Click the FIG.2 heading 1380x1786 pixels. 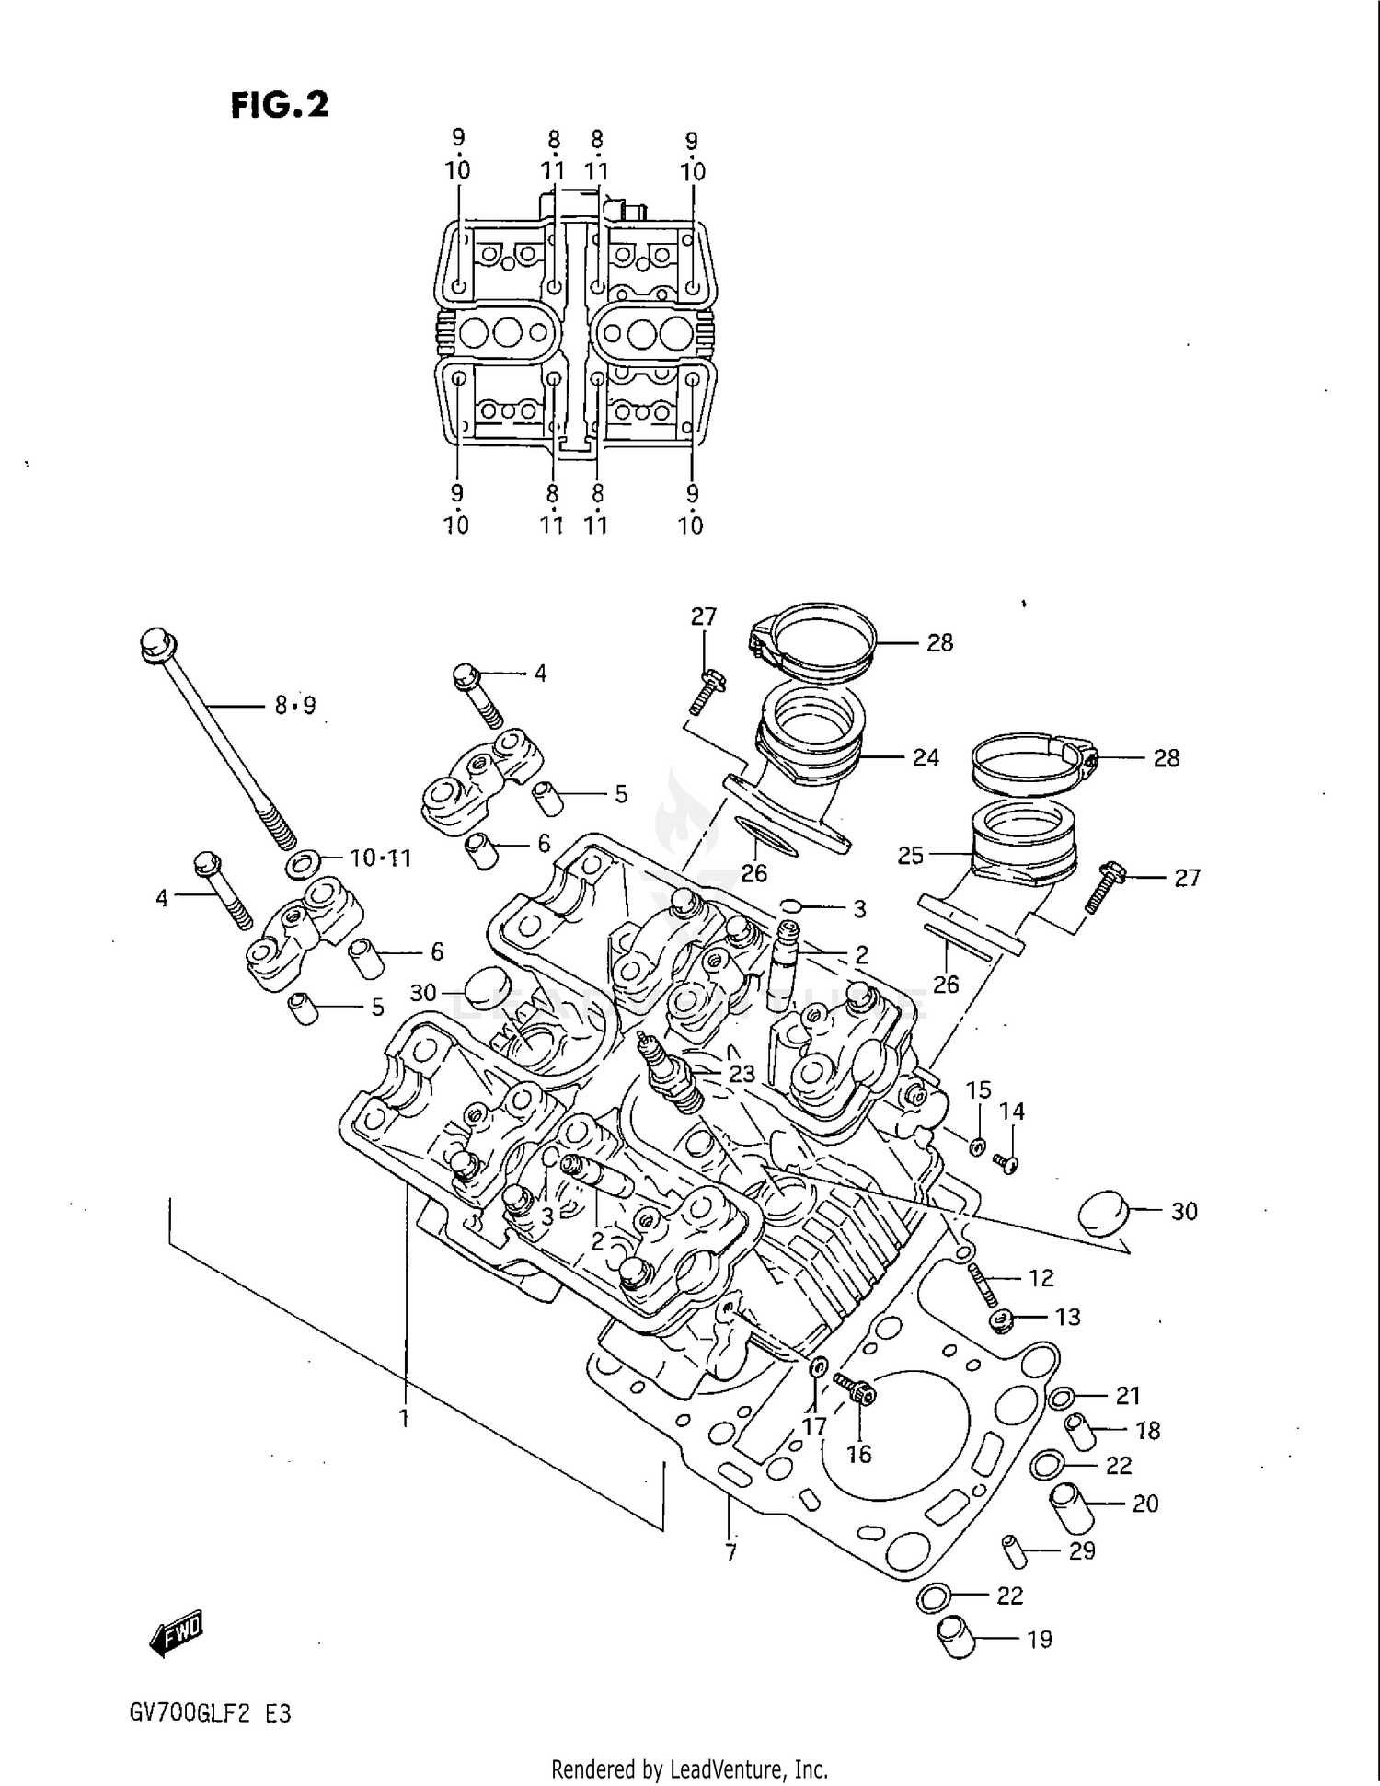pos(279,104)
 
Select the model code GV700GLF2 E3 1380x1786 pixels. pos(211,1713)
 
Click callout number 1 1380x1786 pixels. pos(403,1419)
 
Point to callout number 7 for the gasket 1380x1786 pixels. pos(730,1553)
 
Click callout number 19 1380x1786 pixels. pos(1039,1639)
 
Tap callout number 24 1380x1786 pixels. pos(926,757)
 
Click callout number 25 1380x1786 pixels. pos(910,855)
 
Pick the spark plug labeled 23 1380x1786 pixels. pos(673,1073)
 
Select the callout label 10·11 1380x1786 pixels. pos(380,858)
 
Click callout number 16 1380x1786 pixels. pos(858,1454)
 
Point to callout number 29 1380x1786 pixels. pos(1082,1550)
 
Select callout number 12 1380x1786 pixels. pos(1041,1277)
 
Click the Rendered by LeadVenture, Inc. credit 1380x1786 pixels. pos(689,1769)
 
